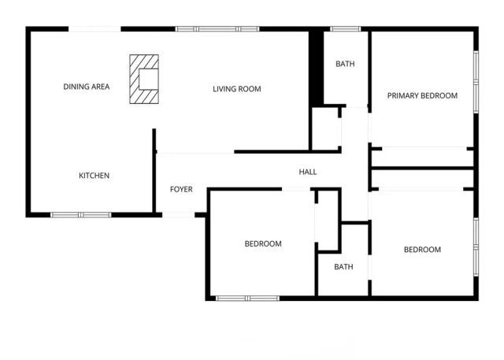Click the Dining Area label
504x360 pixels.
click(x=87, y=87)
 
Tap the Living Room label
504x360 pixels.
click(x=236, y=89)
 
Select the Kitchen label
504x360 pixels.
click(x=94, y=176)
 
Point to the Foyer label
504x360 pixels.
click(x=182, y=190)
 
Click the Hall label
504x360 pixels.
click(x=308, y=172)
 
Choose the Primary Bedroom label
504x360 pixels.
click(x=422, y=95)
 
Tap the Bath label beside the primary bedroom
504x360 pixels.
click(x=345, y=64)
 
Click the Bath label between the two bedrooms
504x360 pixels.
click(x=343, y=267)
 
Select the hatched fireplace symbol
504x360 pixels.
click(x=144, y=79)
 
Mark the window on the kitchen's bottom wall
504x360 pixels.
click(x=81, y=214)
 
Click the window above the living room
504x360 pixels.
click(x=207, y=29)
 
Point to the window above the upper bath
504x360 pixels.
click(x=345, y=29)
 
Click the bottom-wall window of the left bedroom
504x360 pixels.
click(x=246, y=298)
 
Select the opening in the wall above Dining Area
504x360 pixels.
click(x=94, y=29)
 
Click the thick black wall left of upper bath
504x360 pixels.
click(x=316, y=67)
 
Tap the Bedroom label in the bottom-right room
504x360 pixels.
click(x=422, y=250)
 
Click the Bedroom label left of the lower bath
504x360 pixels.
click(x=263, y=244)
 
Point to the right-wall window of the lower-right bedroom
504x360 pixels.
click(x=476, y=246)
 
